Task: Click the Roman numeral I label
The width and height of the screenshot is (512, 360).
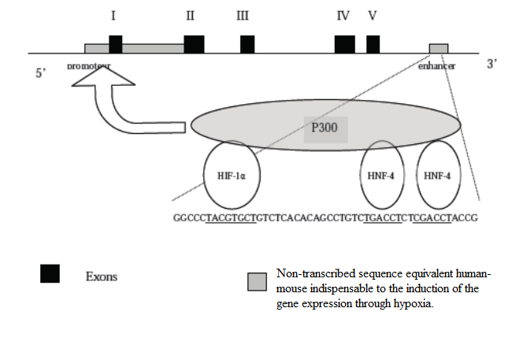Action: point(115,16)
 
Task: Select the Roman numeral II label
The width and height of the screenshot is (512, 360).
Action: point(191,16)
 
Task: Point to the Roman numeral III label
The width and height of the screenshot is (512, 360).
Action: point(243,16)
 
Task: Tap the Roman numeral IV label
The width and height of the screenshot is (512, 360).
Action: point(343,16)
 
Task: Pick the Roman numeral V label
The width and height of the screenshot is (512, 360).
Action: point(371,16)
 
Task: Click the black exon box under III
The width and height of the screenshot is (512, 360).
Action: point(247,44)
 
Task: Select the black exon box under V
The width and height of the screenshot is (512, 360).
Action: point(373,44)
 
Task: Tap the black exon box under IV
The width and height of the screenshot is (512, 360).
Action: point(344,44)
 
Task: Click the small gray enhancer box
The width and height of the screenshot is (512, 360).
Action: point(439,49)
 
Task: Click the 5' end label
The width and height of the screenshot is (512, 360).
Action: point(41,72)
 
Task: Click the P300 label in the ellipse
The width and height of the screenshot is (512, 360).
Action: point(324,127)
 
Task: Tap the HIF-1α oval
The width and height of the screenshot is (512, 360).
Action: point(232,175)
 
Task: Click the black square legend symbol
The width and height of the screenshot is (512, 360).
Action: point(50,273)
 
